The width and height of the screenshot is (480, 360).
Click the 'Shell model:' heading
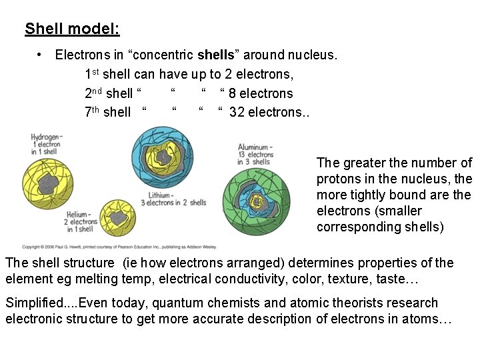click(72, 29)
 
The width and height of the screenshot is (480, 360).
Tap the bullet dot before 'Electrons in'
click(41, 55)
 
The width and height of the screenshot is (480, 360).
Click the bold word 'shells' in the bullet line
click(215, 55)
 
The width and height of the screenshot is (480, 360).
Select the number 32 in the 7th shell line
click(237, 112)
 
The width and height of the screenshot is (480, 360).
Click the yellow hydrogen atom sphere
click(49, 184)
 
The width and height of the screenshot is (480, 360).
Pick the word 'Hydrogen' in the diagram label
click(45, 137)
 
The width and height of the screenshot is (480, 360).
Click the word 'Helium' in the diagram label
click(79, 214)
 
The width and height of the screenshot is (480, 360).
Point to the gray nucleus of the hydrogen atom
click(47, 182)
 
